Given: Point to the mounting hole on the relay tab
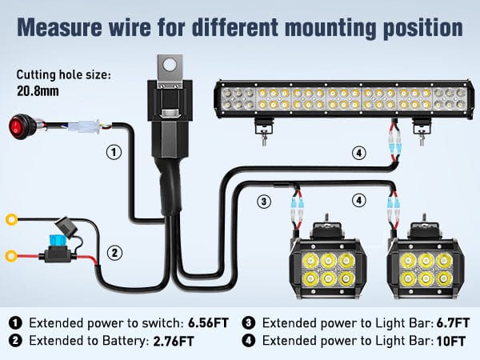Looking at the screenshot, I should coord(169,65).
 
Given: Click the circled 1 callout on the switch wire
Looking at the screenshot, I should coord(114,151).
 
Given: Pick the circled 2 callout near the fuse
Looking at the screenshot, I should coord(114,254).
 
